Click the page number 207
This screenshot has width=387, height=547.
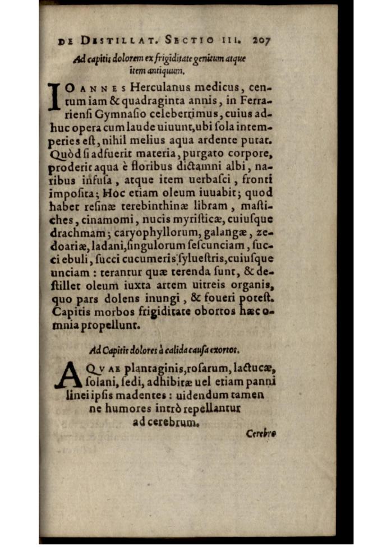tap(261, 41)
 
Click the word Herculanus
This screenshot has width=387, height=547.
tap(162, 87)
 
